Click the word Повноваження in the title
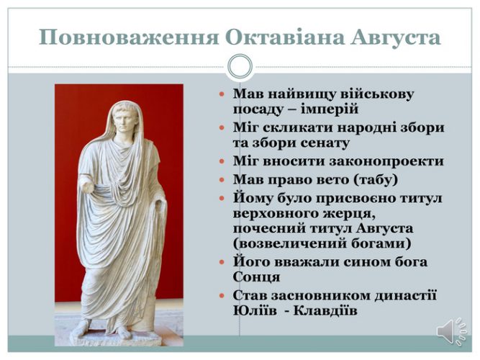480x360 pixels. (129, 37)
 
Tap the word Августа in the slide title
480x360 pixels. (396, 37)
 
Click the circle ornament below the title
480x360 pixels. (240, 66)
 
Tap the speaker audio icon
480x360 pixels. (452, 332)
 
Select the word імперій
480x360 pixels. (330, 109)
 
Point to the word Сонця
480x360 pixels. (256, 277)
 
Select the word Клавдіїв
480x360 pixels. (325, 310)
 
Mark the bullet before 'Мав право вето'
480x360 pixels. (222, 179)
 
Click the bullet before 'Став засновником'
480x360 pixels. (222, 296)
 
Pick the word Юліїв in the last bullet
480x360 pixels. (255, 310)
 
